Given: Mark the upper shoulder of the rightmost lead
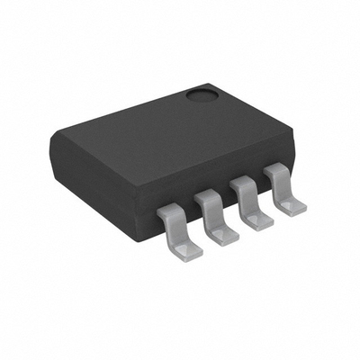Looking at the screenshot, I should coord(278,173).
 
